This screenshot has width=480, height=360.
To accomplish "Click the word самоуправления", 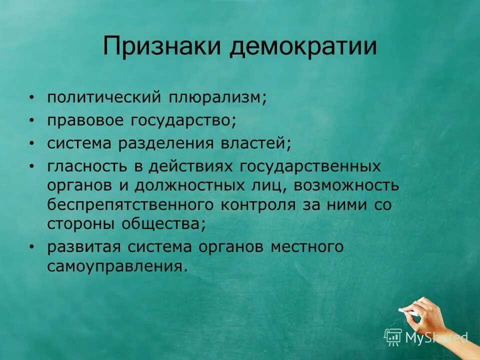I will click(117, 266).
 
